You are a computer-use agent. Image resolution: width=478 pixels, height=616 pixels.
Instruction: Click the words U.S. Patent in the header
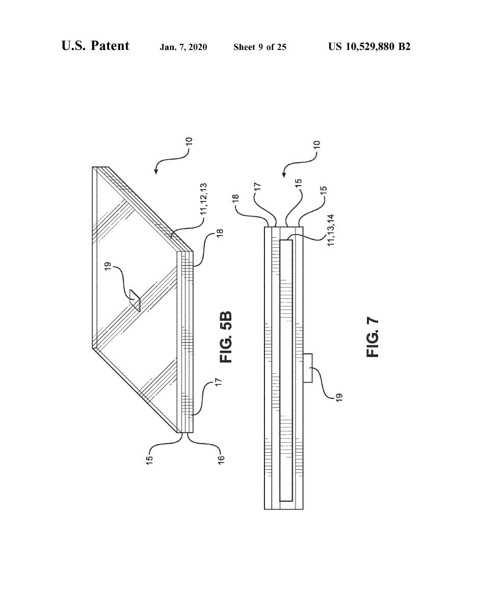(95, 46)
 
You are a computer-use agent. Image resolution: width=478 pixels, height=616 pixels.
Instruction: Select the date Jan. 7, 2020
(183, 47)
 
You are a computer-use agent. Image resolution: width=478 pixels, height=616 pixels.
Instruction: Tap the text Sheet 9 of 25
(260, 47)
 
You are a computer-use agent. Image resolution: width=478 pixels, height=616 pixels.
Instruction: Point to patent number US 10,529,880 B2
(369, 47)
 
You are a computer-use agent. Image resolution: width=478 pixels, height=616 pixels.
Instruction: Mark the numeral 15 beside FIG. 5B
(150, 452)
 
